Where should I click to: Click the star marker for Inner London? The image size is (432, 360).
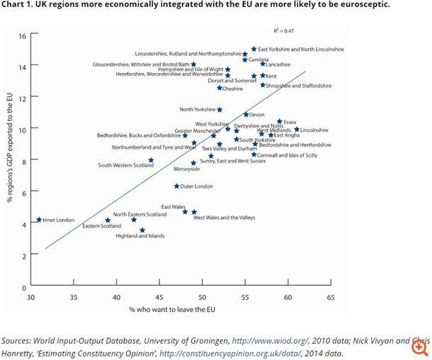coord(39,220)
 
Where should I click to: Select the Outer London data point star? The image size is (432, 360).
coord(176,186)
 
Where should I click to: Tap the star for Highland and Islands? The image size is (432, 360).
coord(142,230)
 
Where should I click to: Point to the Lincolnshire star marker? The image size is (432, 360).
coord(297,130)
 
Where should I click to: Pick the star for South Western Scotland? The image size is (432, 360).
coord(151,160)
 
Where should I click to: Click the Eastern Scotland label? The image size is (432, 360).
coord(102,226)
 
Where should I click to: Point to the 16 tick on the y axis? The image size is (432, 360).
coord(23,35)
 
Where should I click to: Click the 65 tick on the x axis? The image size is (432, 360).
coord(331,298)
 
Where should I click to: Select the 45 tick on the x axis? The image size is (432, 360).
coord(159,298)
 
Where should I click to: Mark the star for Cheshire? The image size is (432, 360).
coord(220,88)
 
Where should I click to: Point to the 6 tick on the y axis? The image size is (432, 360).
coord(23,192)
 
